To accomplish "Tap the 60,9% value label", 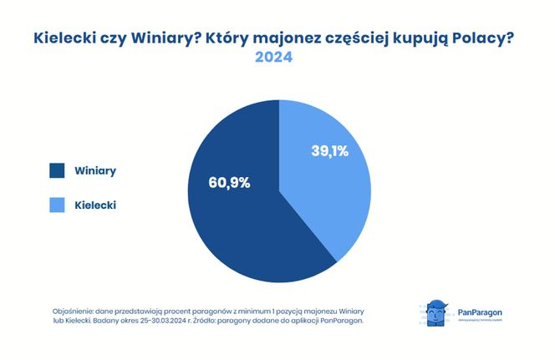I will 229,183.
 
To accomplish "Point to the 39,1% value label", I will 328,151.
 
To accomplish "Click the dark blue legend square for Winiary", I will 58,170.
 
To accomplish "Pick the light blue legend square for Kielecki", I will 58,204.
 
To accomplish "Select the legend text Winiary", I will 95,170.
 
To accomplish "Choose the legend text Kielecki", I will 96,204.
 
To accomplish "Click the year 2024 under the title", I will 273,59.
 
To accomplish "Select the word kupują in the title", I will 420,38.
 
